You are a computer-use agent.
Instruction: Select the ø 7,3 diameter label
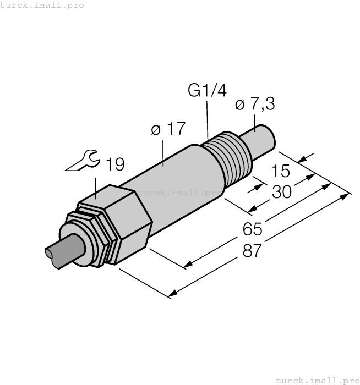pyautogui.click(x=254, y=105)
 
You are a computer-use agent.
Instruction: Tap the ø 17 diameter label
pyautogui.click(x=168, y=129)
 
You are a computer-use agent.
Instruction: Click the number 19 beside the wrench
pyautogui.click(x=115, y=164)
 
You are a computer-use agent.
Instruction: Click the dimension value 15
pyautogui.click(x=281, y=171)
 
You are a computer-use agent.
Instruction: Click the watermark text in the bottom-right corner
pyautogui.click(x=317, y=380)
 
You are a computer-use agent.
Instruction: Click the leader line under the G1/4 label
pyautogui.click(x=207, y=118)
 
